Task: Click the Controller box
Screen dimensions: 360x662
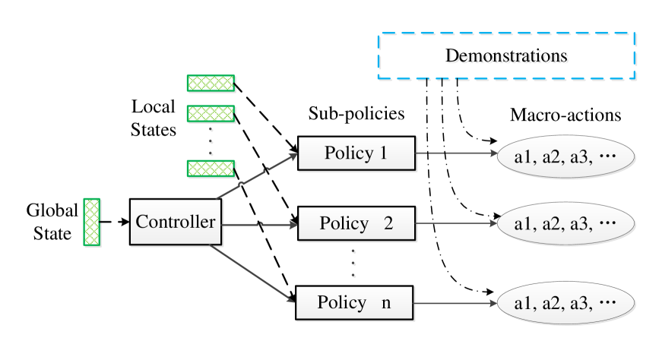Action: pyautogui.click(x=175, y=223)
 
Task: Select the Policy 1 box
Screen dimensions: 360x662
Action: pyautogui.click(x=356, y=154)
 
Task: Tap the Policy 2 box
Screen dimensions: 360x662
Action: pyautogui.click(x=356, y=224)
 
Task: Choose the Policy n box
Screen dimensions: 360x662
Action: pyautogui.click(x=354, y=303)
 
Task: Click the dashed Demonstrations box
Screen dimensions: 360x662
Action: pyautogui.click(x=507, y=57)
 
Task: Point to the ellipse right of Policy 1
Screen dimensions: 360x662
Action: pyautogui.click(x=565, y=158)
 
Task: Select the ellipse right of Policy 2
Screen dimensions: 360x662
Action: pyautogui.click(x=565, y=224)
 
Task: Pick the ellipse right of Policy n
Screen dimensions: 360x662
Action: pyautogui.click(x=565, y=304)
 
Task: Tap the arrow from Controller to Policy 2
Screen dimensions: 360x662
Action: pyautogui.click(x=259, y=225)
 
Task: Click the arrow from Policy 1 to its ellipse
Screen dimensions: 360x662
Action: pyautogui.click(x=456, y=153)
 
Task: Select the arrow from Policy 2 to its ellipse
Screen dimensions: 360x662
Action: pyautogui.click(x=456, y=224)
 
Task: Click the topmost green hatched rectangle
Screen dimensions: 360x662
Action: pyautogui.click(x=211, y=84)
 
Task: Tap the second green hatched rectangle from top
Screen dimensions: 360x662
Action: pyautogui.click(x=211, y=114)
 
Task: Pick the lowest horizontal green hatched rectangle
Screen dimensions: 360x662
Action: pyautogui.click(x=211, y=169)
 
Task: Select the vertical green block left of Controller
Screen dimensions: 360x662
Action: pyautogui.click(x=92, y=223)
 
